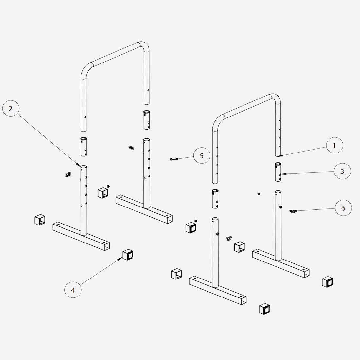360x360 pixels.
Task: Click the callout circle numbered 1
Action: pos(334,145)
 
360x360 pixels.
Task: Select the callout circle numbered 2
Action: pos(10,108)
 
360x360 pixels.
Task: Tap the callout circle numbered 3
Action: pos(342,171)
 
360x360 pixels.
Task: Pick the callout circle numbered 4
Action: pos(73,290)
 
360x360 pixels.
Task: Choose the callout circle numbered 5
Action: pos(202,156)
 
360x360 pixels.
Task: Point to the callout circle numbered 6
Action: pos(343,208)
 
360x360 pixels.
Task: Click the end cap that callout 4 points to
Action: pos(128,254)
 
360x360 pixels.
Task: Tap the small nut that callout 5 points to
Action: pos(171,159)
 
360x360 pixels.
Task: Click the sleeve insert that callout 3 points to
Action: pos(278,172)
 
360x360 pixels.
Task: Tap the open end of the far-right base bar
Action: pos(307,274)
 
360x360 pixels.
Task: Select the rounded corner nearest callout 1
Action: pos(276,98)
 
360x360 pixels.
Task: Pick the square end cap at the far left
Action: pos(40,220)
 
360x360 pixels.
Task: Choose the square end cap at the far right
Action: pos(327,282)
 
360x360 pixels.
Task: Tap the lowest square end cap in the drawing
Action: pos(264,309)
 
